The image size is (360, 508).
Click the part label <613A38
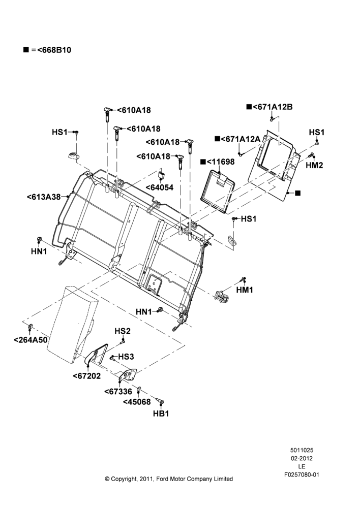point(43,197)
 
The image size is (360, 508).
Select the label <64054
point(160,187)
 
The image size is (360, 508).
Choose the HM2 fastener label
point(315,165)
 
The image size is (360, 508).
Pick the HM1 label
point(245,290)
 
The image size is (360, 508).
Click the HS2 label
point(122,331)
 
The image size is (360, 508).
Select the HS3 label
point(126,357)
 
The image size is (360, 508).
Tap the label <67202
point(86,376)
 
